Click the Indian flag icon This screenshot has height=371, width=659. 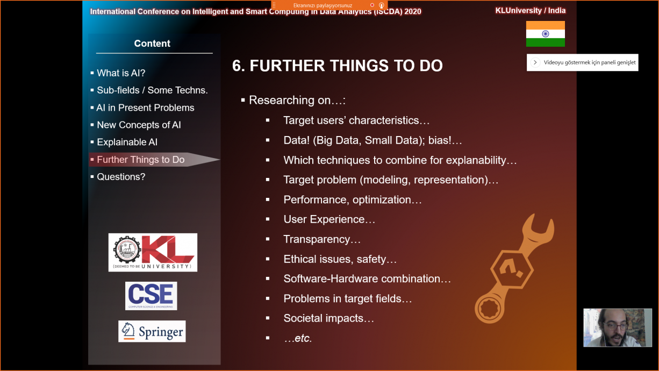pos(545,34)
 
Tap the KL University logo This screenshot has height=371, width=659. pos(153,253)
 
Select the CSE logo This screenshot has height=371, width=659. pos(151,296)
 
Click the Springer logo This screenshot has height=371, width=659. pos(152,331)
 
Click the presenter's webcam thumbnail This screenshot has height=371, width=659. pos(618,327)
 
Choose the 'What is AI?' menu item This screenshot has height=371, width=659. pos(121,73)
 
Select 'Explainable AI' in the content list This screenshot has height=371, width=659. pos(127,142)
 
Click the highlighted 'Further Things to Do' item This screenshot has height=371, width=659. pos(141,160)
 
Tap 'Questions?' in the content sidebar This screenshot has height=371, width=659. pos(121,177)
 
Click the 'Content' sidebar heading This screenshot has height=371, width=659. pos(152,44)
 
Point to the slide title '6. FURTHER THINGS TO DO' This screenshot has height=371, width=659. pos(337,66)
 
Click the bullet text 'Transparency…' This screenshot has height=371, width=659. pos(322,239)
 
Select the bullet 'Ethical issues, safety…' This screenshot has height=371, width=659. pos(340,259)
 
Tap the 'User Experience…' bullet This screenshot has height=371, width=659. pos(329,219)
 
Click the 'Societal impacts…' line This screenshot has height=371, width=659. pos(328,318)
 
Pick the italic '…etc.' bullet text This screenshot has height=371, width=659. pos(298,338)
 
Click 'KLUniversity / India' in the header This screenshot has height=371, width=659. pos(530,10)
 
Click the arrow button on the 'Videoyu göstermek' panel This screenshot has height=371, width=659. pos(535,62)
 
